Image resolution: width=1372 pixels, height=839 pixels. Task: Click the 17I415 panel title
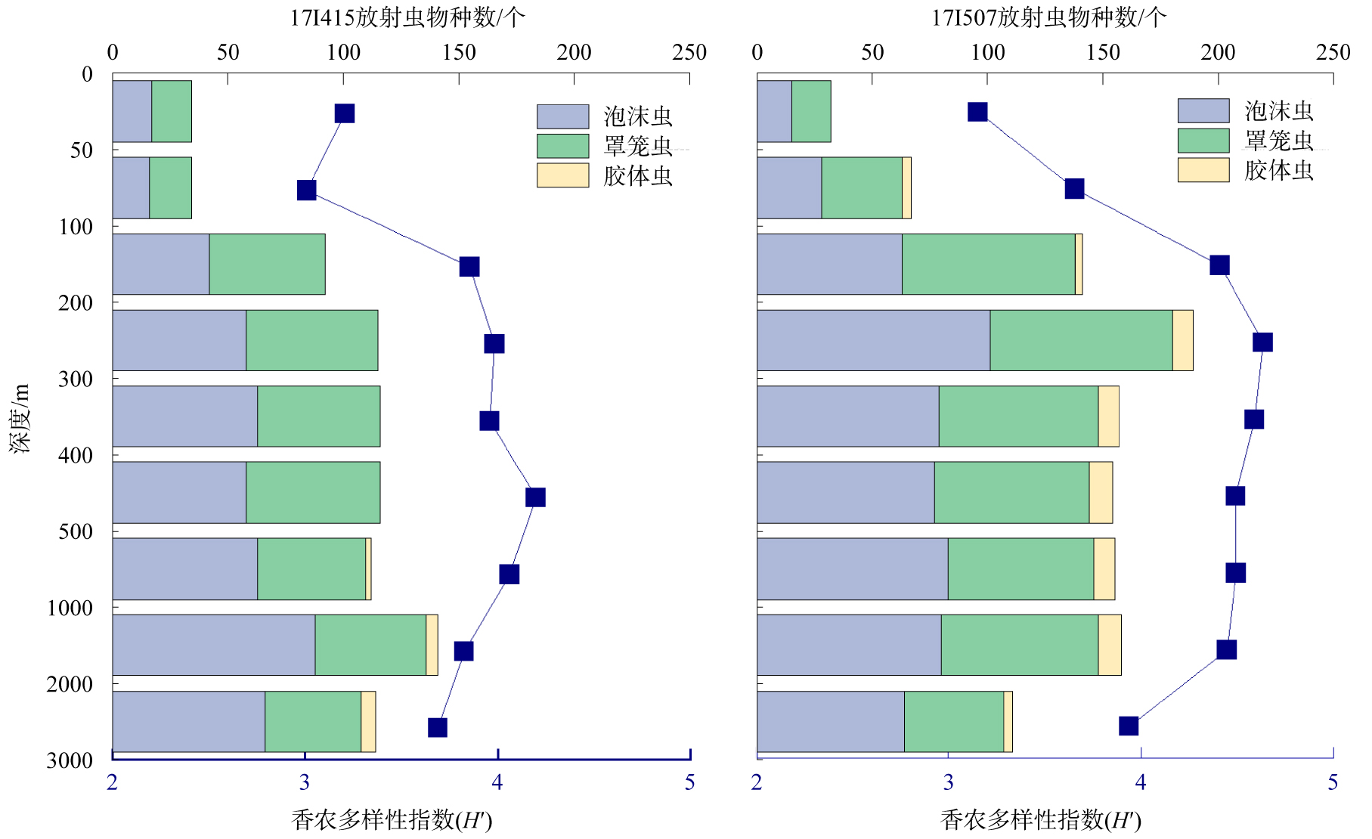407,17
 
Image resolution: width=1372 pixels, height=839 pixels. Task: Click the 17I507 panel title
1048,17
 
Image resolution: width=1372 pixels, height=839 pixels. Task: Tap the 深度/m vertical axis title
20,418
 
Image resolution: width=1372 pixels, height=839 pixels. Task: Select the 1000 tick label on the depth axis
70,608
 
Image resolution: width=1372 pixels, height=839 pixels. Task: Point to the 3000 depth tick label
70,760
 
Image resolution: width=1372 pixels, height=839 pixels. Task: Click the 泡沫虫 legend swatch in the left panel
562,116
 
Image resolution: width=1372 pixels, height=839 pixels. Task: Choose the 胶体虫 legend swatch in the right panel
1203,170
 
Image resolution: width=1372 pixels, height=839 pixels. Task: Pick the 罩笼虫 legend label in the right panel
1279,141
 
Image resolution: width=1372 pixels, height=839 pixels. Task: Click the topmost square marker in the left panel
345,113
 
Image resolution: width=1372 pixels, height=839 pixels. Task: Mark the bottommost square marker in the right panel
1129,726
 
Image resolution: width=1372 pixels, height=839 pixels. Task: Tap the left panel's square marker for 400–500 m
535,497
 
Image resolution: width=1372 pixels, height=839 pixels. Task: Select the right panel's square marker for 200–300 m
1262,342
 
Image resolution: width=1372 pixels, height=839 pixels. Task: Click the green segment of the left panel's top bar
172,111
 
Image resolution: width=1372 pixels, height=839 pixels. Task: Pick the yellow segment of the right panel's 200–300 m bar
1182,340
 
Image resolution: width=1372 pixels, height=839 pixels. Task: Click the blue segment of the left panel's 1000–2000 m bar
214,645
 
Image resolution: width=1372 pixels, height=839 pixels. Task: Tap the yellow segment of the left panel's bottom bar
368,721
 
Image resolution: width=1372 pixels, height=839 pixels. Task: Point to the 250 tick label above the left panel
689,52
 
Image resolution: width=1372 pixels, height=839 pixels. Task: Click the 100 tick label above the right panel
988,52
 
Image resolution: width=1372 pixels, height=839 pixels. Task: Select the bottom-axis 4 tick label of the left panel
497,782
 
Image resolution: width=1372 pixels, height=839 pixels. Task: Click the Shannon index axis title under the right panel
1040,820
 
